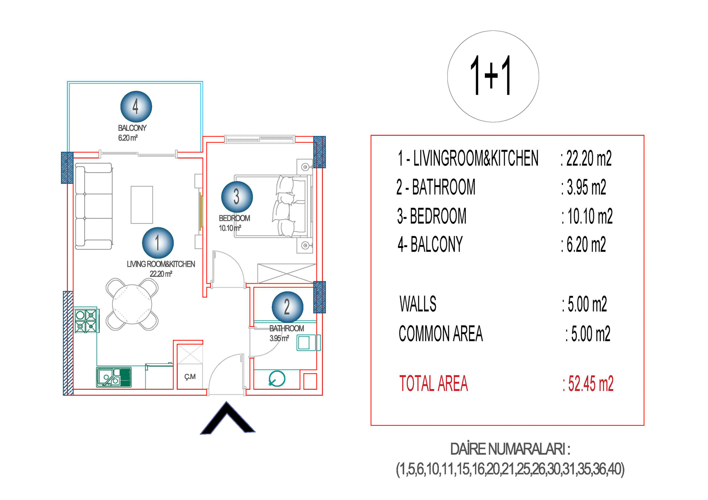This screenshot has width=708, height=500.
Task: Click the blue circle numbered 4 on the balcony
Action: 136,107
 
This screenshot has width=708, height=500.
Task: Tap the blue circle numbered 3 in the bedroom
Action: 237,197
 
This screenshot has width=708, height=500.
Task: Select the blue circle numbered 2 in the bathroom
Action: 287,307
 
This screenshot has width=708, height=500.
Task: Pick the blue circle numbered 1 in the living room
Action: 158,243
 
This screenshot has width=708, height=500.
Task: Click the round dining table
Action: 132,304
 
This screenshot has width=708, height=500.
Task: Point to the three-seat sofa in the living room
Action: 93,206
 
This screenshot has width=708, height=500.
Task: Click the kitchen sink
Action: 114,377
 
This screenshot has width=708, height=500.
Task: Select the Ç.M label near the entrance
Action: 190,377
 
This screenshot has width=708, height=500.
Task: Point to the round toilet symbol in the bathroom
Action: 277,378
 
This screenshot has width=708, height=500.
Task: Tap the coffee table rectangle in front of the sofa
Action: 142,205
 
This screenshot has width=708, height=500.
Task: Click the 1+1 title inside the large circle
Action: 490,75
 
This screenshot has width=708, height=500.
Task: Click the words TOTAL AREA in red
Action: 433,384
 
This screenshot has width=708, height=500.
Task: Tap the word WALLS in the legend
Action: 418,304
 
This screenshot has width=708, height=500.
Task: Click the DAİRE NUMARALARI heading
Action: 510,450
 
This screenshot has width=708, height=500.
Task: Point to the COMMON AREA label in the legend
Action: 441,334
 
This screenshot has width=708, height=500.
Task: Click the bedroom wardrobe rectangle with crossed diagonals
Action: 287,273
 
